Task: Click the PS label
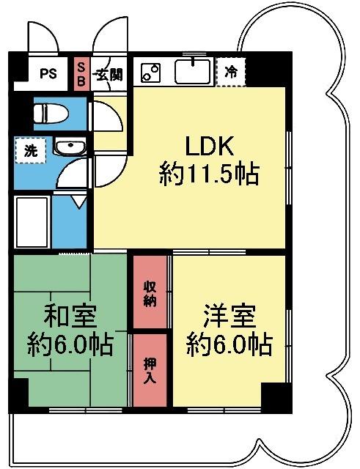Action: [48, 73]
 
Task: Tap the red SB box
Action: [81, 74]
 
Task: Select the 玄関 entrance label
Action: [111, 74]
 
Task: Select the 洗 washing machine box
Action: [31, 152]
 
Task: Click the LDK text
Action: [207, 147]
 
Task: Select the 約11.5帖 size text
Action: [209, 174]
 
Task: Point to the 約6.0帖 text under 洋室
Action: [229, 343]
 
